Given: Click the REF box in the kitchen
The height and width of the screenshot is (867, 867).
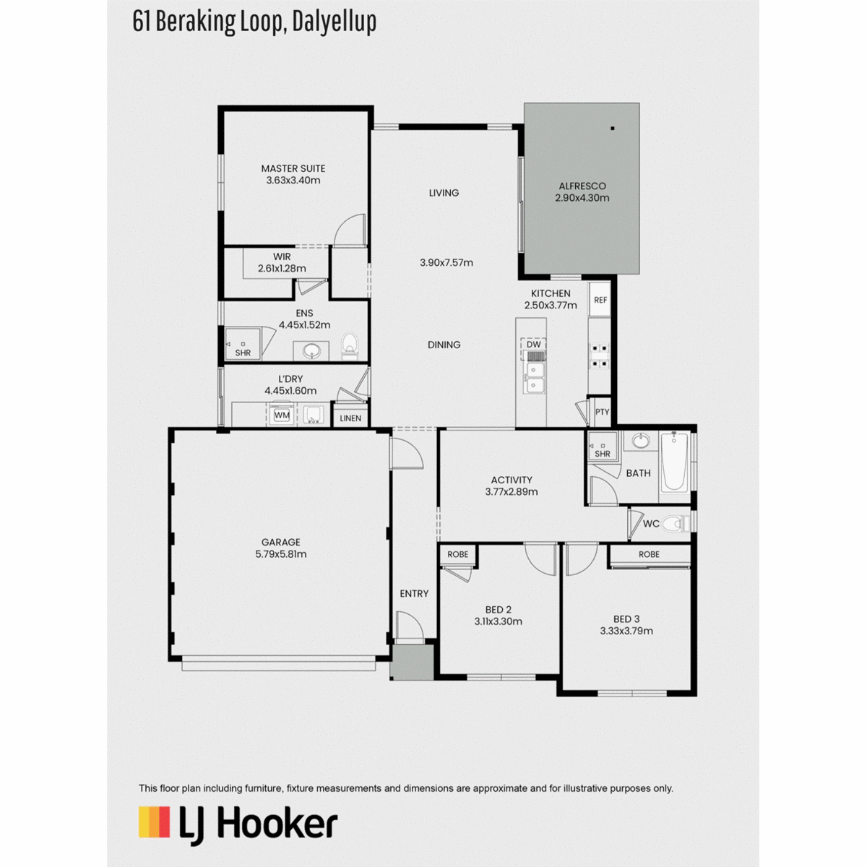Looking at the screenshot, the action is click(600, 300).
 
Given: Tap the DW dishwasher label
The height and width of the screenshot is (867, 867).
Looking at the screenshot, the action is click(533, 345).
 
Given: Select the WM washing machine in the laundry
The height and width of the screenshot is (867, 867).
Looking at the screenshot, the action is click(282, 415).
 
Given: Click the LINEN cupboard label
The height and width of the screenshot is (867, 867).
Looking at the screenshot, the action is click(350, 418).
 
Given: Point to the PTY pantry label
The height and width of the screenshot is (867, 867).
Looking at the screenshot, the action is click(602, 412).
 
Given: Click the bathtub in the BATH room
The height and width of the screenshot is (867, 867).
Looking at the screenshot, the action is click(674, 461).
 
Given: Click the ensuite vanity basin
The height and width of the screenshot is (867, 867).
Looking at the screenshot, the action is click(311, 351).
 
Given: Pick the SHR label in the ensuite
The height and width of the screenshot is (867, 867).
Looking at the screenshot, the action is click(243, 353).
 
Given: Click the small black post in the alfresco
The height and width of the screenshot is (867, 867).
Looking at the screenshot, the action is click(613, 129).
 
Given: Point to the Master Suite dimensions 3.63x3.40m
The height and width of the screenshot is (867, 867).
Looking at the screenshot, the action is click(293, 181).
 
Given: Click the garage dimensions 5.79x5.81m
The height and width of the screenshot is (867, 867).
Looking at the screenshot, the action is click(281, 554).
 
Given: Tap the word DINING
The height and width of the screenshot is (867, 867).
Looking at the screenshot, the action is click(444, 345).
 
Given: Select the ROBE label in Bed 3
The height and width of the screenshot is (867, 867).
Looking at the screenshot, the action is click(649, 555).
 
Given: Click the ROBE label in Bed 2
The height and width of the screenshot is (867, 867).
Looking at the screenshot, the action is click(457, 555).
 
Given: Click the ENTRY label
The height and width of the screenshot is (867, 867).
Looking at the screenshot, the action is click(414, 594).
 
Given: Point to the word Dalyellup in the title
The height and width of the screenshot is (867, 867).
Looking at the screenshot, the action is click(334, 22).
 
